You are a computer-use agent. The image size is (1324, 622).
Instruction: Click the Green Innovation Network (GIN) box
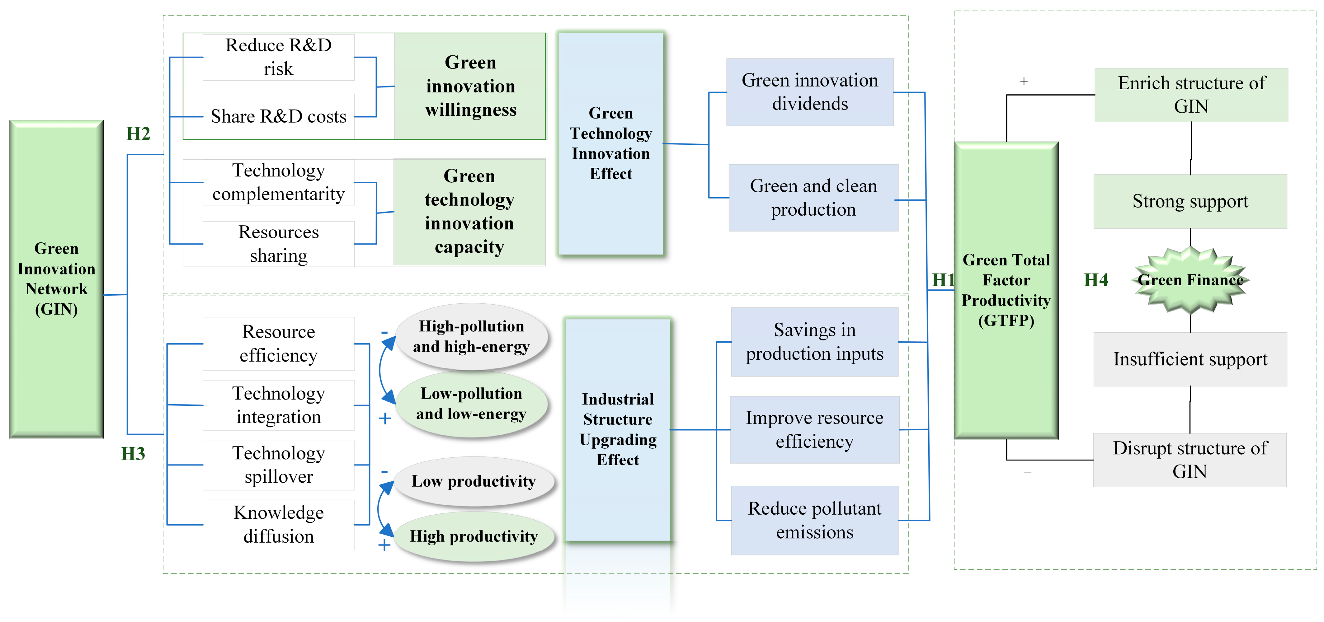point(57,279)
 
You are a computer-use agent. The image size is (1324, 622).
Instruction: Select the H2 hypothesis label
point(138,133)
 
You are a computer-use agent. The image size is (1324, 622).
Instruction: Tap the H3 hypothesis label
point(133,454)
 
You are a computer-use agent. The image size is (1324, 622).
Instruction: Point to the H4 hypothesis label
point(1096,280)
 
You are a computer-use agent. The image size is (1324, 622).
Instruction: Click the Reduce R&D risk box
point(279,57)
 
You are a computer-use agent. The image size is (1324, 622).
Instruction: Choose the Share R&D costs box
point(279,117)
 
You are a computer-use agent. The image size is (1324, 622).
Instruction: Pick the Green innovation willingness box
point(470,86)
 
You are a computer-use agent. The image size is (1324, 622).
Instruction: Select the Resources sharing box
point(279,244)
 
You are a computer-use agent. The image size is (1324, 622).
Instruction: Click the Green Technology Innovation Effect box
point(610,143)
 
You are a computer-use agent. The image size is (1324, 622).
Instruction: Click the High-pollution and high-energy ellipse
point(471,336)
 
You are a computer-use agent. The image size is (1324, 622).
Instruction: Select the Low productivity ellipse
point(474,481)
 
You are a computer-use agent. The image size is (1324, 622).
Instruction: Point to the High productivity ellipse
point(474,536)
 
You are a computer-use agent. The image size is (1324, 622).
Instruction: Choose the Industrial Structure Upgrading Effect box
point(618,429)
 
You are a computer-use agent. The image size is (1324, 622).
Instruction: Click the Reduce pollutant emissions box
point(815,520)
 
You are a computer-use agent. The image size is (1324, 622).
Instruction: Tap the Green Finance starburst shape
point(1190,280)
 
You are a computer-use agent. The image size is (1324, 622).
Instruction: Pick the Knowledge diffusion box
point(279,524)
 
